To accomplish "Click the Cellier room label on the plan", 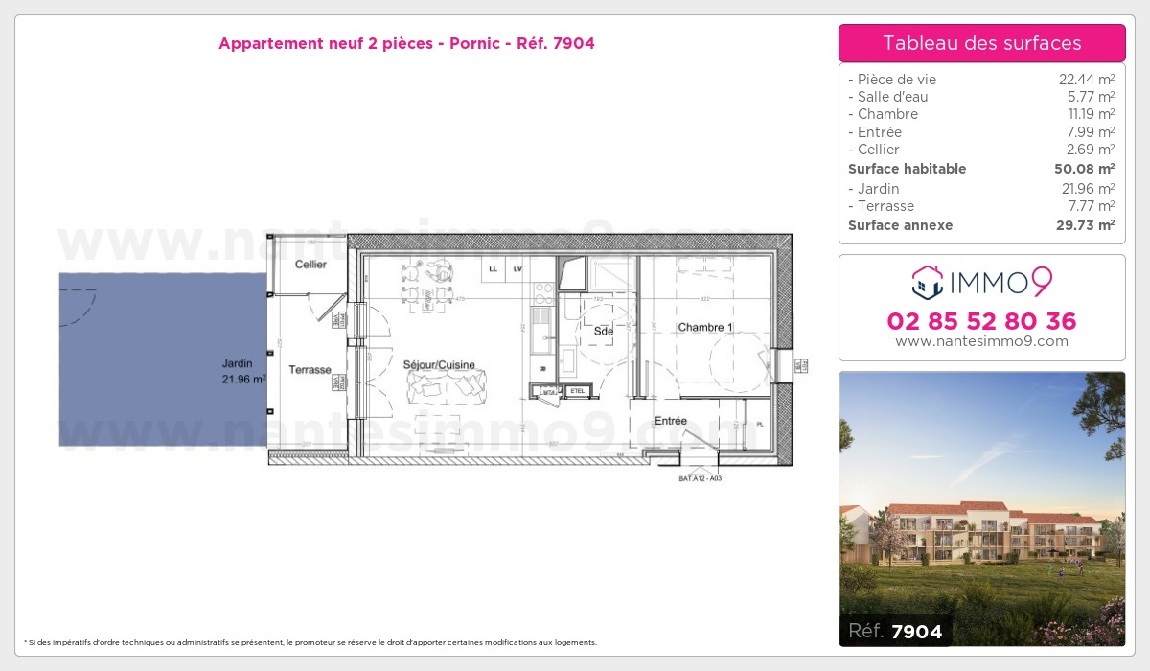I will click(x=310, y=264).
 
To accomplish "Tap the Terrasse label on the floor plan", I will click(x=310, y=369).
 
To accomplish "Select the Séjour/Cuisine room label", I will click(x=439, y=365).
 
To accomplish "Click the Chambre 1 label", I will click(x=705, y=328).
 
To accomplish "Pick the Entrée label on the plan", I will click(x=671, y=421).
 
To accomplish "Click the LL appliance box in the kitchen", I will click(x=494, y=269).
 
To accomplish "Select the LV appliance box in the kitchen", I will click(x=517, y=269).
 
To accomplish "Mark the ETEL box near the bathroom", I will click(x=577, y=391).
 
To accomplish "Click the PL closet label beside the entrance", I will click(x=760, y=423).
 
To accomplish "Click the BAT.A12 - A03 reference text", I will click(x=700, y=477).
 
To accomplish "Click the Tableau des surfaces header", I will click(x=981, y=43).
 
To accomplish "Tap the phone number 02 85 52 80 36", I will click(x=981, y=321).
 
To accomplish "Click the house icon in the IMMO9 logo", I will click(x=927, y=282).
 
